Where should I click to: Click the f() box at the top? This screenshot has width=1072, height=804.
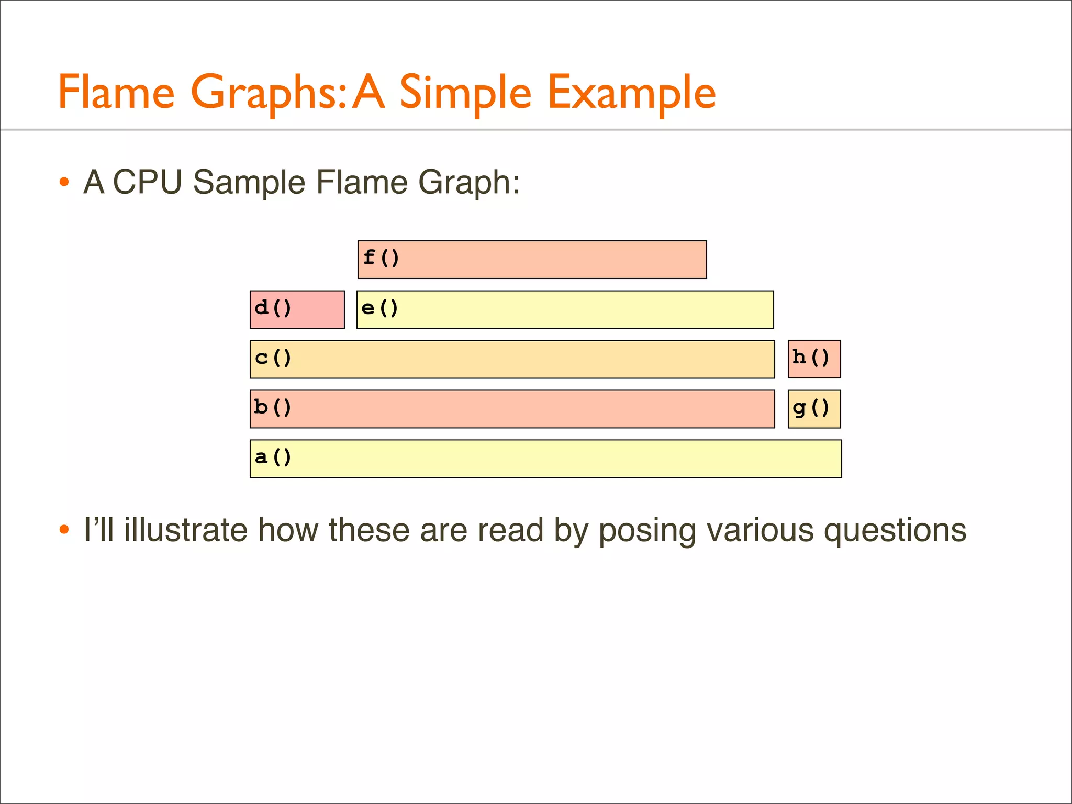(532, 260)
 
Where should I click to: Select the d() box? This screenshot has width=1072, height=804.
(297, 309)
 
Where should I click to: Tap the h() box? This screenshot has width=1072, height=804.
(814, 359)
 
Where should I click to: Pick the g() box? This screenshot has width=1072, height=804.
(814, 409)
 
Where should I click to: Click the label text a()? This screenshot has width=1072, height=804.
(273, 457)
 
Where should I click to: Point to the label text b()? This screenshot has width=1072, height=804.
(272, 407)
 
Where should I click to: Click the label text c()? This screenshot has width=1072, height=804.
(273, 358)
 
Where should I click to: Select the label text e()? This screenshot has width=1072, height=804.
(379, 308)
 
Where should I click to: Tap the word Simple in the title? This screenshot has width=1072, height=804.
(465, 93)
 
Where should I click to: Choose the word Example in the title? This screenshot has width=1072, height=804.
(631, 93)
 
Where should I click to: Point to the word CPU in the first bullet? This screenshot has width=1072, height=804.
(148, 182)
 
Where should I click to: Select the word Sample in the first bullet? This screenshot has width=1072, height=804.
(249, 182)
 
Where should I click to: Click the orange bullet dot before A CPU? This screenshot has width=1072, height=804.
(64, 183)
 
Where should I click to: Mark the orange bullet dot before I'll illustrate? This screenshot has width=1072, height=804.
(64, 530)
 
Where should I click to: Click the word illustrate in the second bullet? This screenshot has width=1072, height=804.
(186, 530)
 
